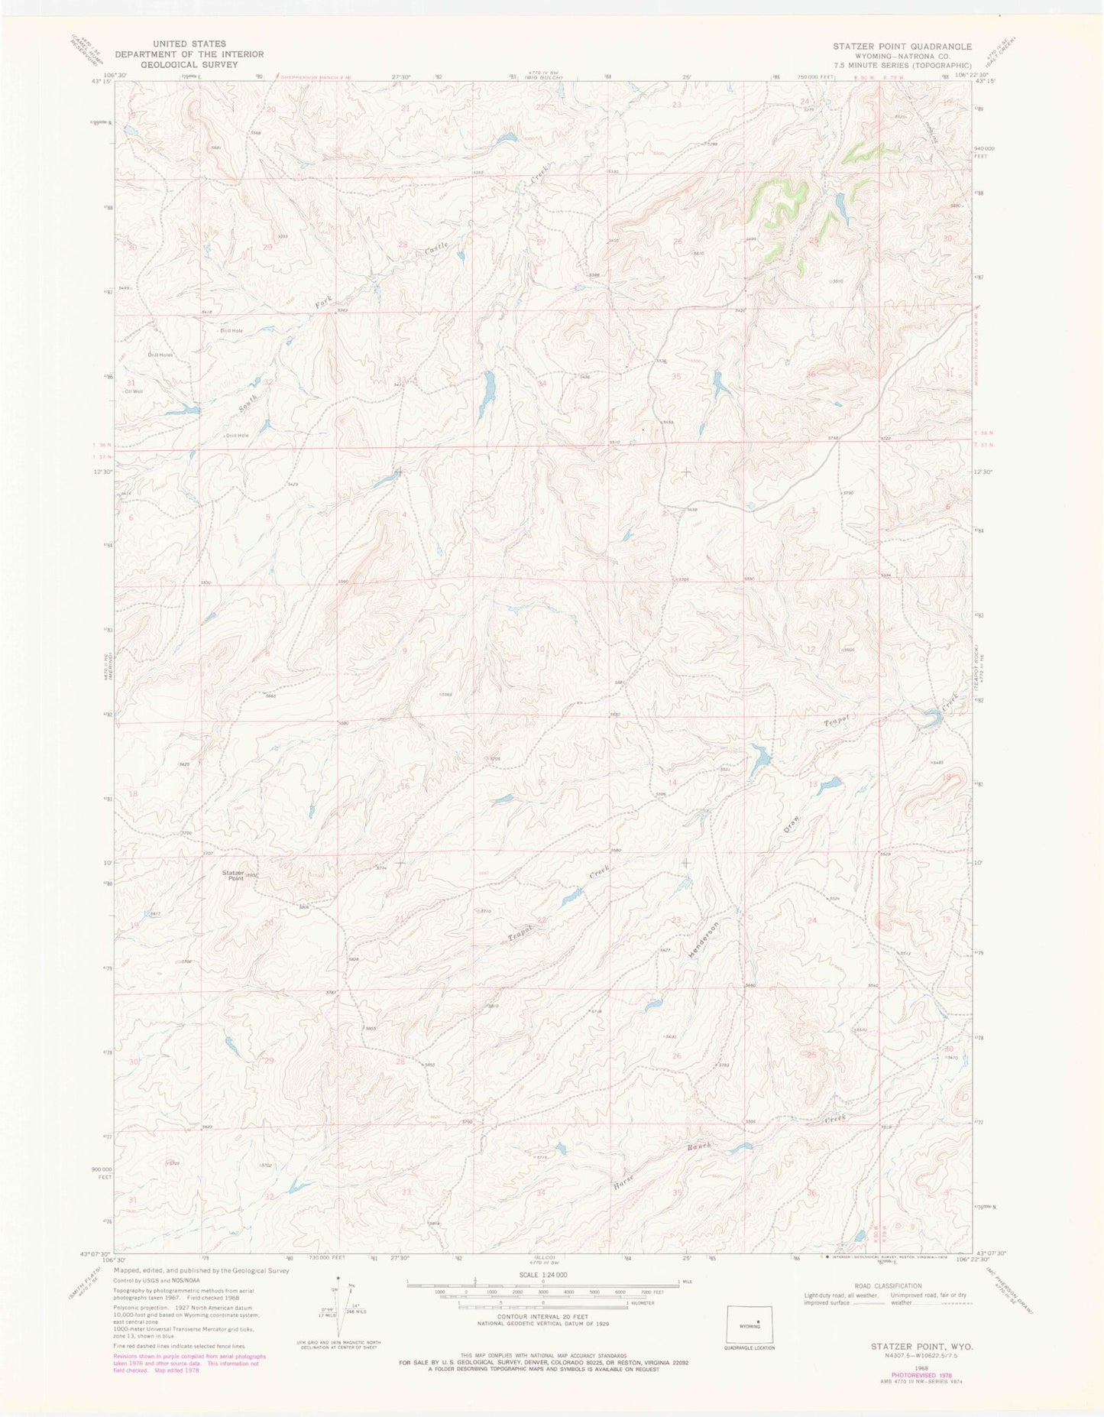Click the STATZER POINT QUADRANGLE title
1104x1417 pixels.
tap(902, 46)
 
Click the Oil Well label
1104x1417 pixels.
tap(135, 391)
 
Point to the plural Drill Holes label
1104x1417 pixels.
tap(161, 355)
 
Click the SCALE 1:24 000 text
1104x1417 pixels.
tap(541, 1275)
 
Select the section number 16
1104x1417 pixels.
tap(405, 786)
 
